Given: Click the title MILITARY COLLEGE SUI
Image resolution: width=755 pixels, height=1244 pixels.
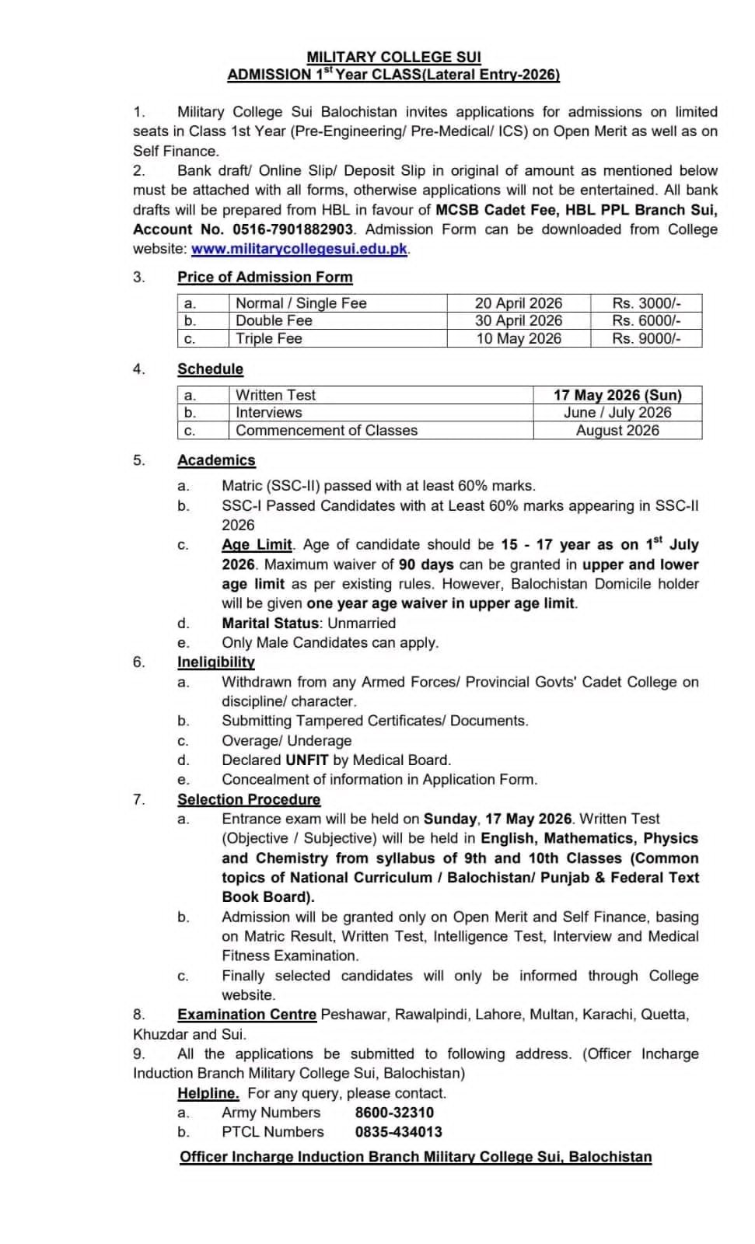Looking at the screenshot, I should tap(393, 57).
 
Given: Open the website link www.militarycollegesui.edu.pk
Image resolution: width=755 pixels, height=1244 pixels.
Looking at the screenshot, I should tap(299, 249).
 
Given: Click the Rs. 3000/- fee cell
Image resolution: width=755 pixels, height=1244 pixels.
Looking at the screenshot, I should tap(646, 303).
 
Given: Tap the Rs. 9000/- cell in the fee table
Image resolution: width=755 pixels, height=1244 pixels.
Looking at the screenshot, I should tap(646, 338).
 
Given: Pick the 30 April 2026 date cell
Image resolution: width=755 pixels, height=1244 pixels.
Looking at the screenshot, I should tap(519, 320).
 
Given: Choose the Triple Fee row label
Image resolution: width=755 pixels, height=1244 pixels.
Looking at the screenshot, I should tap(269, 338).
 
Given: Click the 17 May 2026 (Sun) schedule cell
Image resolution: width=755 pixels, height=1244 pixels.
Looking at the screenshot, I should tap(617, 395).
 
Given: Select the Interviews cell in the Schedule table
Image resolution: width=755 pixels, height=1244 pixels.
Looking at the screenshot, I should tap(269, 413).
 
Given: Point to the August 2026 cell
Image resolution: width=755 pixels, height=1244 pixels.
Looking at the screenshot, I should tap(617, 431).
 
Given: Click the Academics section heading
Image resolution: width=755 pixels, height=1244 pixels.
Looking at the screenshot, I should tap(216, 460).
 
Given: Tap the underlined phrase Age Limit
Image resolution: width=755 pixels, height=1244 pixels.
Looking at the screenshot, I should tap(257, 545).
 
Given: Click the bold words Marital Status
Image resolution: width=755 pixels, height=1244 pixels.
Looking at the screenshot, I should tap(271, 624).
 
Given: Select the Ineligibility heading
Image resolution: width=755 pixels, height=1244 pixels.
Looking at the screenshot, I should tap(216, 662).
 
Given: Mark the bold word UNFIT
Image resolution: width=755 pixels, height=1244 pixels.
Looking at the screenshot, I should tap(307, 760).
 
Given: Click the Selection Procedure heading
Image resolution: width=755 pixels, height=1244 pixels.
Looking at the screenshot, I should tap(249, 799).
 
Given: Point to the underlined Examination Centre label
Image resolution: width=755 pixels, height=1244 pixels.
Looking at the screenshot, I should tap(246, 1015).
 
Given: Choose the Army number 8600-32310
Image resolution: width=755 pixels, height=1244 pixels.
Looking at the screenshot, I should tap(394, 1113).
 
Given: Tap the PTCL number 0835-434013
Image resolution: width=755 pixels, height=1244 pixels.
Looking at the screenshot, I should tap(398, 1132).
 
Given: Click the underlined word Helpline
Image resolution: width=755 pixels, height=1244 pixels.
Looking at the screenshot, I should tap(208, 1093).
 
